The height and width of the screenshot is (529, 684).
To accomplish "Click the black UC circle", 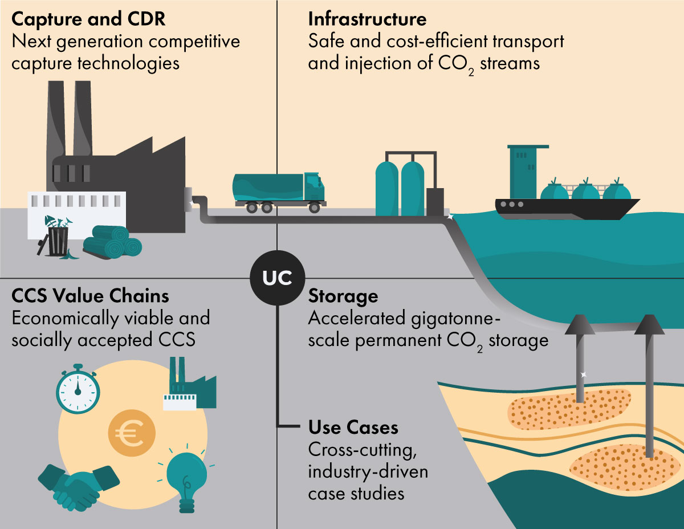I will (277, 278).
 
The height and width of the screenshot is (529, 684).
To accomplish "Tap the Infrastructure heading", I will (367, 19).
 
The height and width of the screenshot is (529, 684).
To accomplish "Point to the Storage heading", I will (343, 296).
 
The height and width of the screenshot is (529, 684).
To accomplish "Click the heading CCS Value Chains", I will (91, 296).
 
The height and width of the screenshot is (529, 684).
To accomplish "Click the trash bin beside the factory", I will (58, 239).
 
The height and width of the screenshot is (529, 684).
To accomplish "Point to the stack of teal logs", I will (112, 245).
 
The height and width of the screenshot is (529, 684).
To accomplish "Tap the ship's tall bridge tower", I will (524, 168).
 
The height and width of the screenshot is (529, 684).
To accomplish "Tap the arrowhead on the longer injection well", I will (649, 324).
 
